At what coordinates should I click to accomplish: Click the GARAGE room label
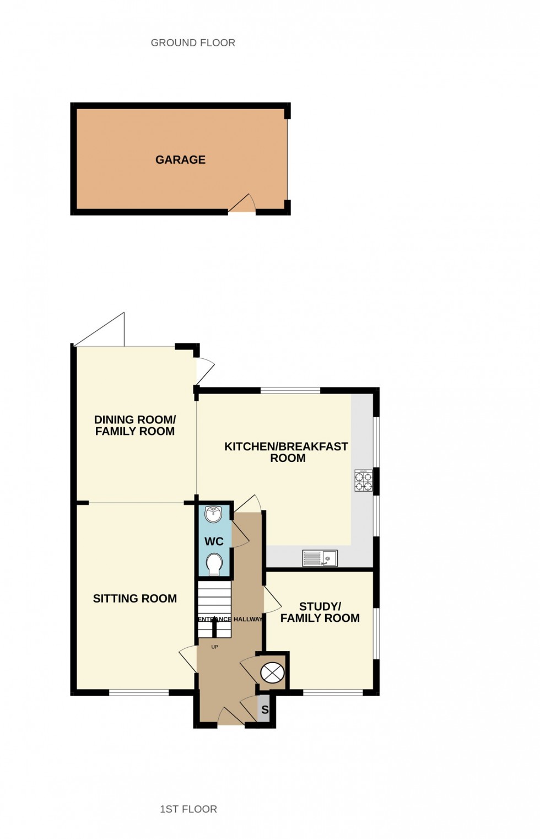point(180,160)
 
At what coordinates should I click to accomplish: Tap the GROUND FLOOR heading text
point(193,43)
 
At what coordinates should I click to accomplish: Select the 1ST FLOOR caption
point(188,809)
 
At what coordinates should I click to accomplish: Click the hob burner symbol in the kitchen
point(363,481)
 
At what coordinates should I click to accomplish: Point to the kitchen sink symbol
point(320,558)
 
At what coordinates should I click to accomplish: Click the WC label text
point(214,542)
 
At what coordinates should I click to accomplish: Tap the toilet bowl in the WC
point(214,564)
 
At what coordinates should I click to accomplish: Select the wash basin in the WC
point(213,514)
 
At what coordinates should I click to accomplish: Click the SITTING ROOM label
point(135,599)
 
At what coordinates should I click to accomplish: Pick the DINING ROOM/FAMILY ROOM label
point(135,426)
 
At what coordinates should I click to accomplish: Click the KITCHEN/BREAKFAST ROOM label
point(287,452)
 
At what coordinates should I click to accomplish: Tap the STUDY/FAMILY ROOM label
point(320,612)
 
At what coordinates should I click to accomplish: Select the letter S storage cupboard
point(265,710)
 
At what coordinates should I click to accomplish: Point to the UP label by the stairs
point(215,647)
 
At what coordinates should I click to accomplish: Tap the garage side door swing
point(242,203)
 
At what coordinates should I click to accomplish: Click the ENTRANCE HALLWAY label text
point(230,619)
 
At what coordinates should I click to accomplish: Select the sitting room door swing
point(188,659)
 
